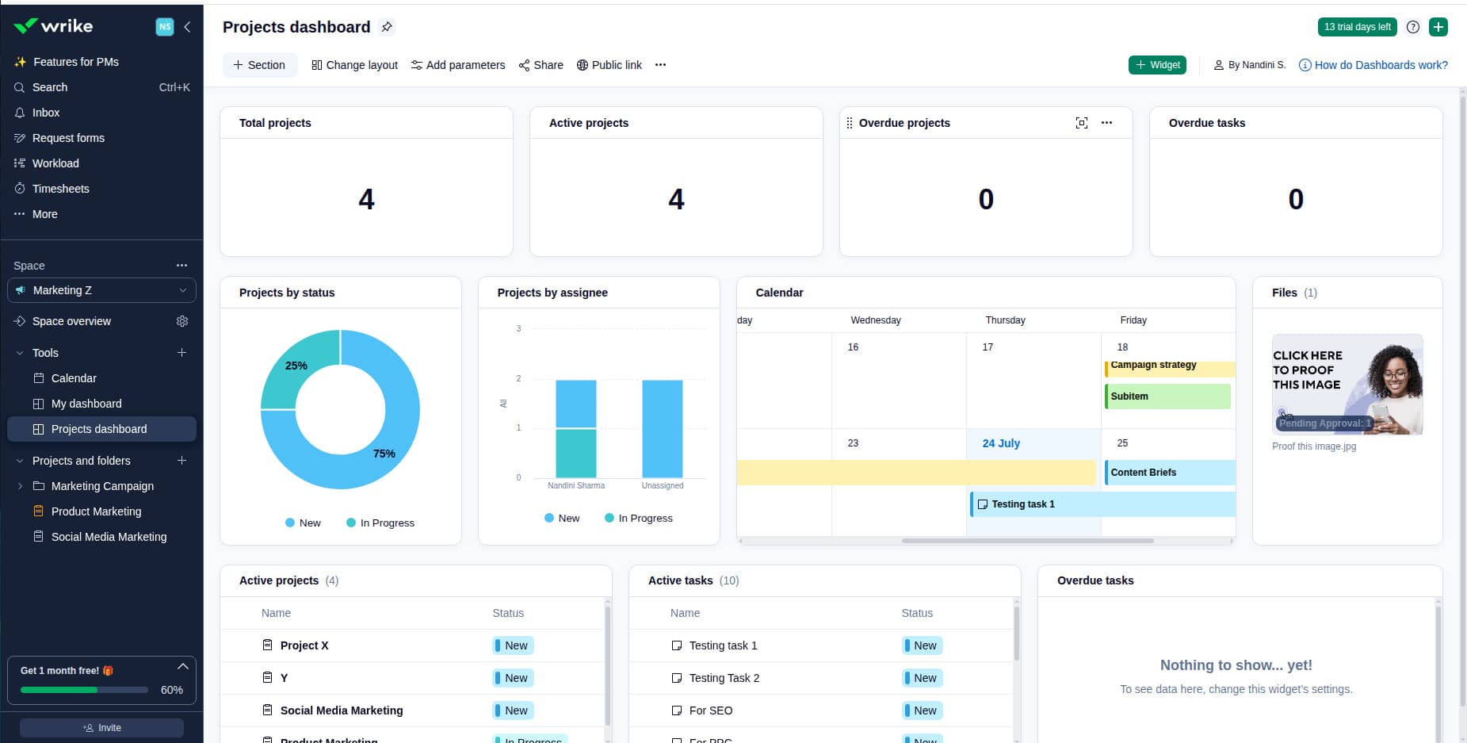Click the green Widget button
tap(1156, 65)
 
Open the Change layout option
tap(354, 65)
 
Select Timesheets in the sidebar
tap(60, 189)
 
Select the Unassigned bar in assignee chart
tap(662, 428)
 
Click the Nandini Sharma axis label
tap(575, 485)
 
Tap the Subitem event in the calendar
tap(1167, 396)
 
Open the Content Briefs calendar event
tap(1168, 473)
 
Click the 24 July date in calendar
tap(1000, 443)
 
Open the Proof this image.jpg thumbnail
tap(1347, 385)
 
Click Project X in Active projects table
tap(304, 645)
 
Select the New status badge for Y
tap(513, 678)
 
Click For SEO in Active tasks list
tap(710, 710)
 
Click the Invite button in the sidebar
tap(101, 728)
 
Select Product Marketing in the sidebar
tap(96, 511)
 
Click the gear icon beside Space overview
tap(182, 321)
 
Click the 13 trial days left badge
tap(1356, 27)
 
